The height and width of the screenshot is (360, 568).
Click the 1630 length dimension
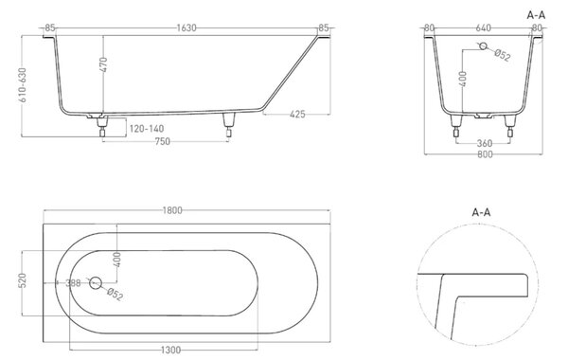(x=186, y=27)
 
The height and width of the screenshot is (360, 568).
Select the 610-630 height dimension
(x=23, y=85)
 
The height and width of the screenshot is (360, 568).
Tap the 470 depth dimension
(x=103, y=64)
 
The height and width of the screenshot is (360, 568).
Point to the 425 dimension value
(x=298, y=115)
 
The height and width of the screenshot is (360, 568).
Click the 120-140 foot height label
(x=147, y=128)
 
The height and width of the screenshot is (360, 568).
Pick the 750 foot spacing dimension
(x=162, y=141)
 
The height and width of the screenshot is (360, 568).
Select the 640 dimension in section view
(x=483, y=27)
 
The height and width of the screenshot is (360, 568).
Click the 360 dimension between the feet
(x=485, y=144)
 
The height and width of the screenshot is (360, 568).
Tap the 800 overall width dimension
(x=485, y=154)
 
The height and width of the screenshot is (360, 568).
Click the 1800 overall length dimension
(x=172, y=210)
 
